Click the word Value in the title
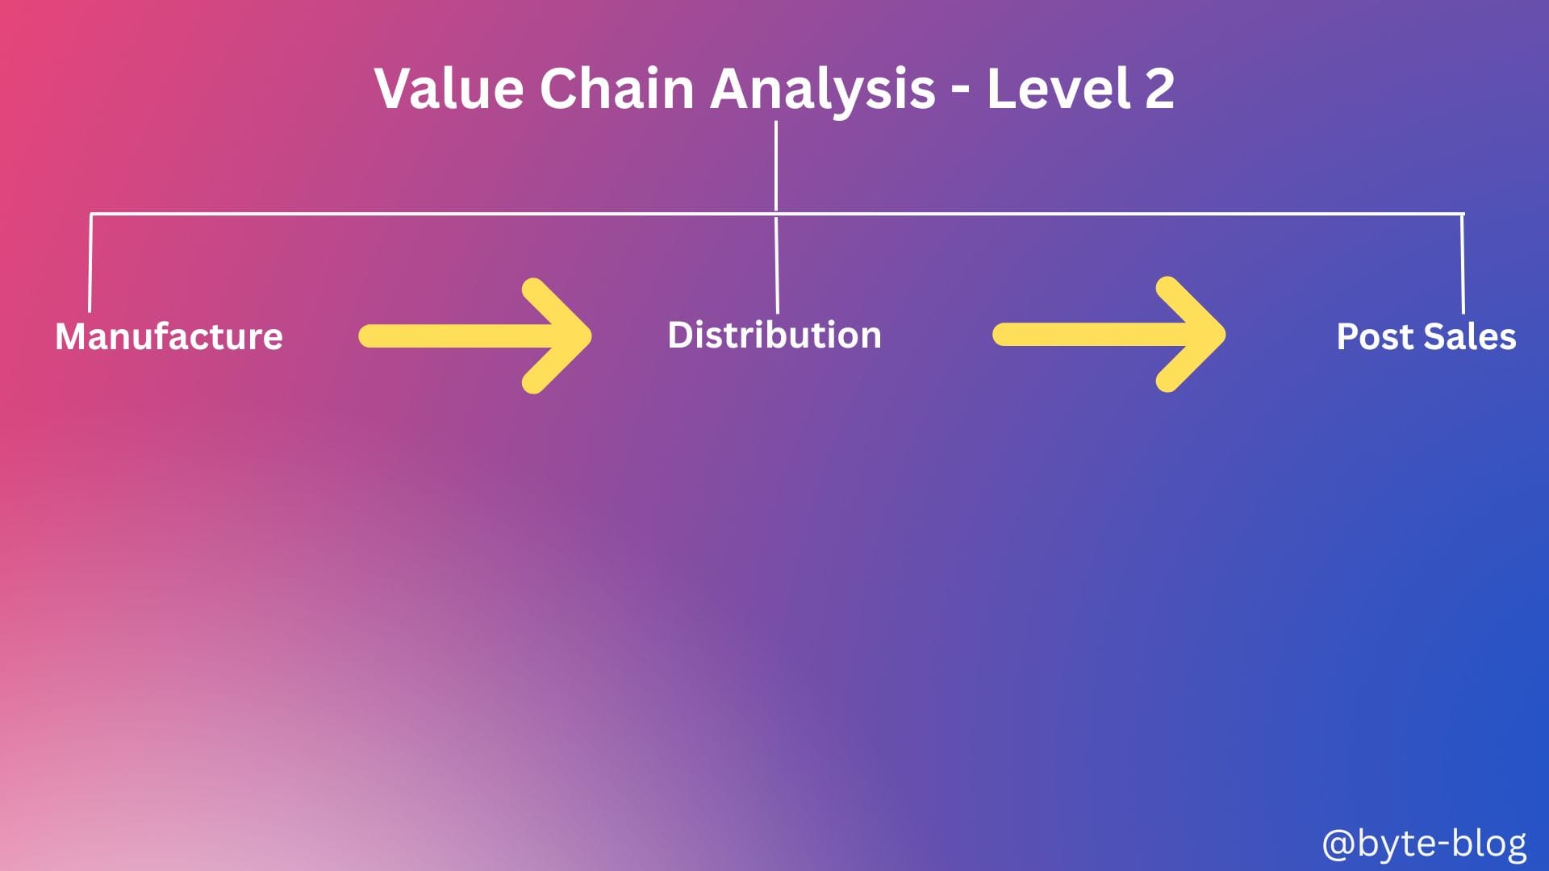(449, 88)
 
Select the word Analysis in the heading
(823, 90)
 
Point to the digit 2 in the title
(1159, 88)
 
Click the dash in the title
(960, 93)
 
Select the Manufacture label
(169, 336)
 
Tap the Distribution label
(774, 335)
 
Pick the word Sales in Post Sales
(1471, 336)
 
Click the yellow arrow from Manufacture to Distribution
(475, 336)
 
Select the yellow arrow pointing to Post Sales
(1109, 335)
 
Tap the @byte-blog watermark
(1424, 844)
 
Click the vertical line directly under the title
(776, 167)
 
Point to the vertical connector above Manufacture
(90, 263)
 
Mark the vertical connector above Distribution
(776, 264)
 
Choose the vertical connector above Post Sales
(1463, 264)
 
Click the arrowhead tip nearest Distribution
(591, 336)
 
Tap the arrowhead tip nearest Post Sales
(1225, 335)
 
